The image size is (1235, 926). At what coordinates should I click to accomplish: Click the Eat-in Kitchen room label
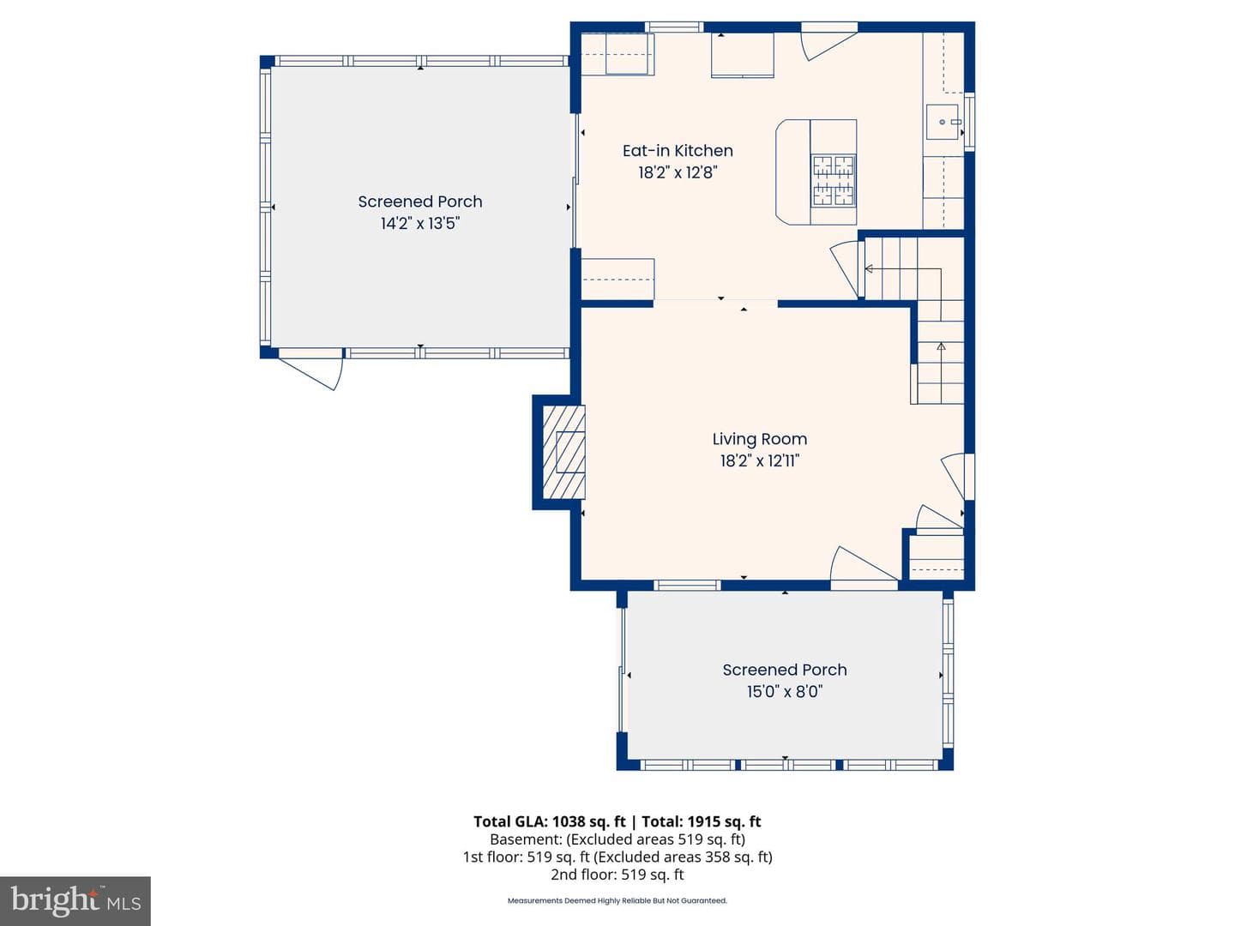click(x=678, y=151)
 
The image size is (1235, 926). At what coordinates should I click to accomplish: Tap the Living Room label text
click(x=760, y=439)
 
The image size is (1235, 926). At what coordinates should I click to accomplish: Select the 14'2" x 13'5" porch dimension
click(x=420, y=224)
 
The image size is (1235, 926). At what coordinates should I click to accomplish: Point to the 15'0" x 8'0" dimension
click(x=785, y=692)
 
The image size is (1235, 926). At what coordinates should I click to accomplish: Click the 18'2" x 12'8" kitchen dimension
click(x=678, y=172)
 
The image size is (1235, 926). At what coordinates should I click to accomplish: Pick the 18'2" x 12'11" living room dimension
click(x=760, y=461)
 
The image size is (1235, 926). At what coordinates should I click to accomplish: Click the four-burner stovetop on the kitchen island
click(x=834, y=180)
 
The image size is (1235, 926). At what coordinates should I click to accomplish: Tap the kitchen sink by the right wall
click(x=943, y=122)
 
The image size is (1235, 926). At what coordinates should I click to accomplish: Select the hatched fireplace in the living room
click(x=563, y=452)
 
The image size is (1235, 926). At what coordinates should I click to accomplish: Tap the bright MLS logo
click(x=75, y=901)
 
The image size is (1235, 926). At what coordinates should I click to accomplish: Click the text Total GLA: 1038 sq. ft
click(x=549, y=822)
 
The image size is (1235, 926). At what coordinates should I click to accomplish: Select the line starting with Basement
click(x=617, y=839)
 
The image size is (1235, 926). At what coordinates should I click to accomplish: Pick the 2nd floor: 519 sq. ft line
click(x=617, y=875)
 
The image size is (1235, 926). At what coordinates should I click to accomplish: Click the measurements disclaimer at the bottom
click(x=617, y=900)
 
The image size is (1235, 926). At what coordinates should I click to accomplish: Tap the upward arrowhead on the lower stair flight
click(x=941, y=346)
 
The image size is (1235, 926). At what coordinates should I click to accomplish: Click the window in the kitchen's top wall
click(x=674, y=27)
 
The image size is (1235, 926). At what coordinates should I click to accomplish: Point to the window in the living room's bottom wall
click(x=687, y=586)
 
